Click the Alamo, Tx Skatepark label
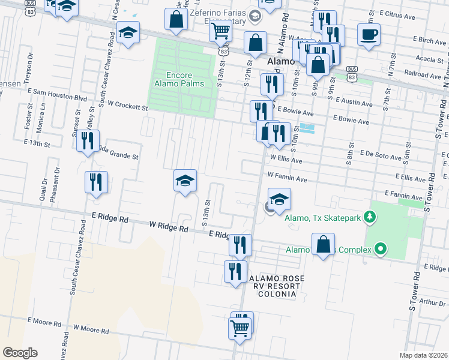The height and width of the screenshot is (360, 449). [322, 218]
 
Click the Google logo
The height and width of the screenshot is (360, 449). [20, 353]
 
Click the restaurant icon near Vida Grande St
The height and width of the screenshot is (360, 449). [88, 140]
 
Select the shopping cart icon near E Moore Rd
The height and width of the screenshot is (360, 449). [240, 329]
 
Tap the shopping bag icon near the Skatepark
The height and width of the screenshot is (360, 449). [323, 244]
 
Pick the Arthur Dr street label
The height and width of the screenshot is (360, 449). [432, 302]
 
